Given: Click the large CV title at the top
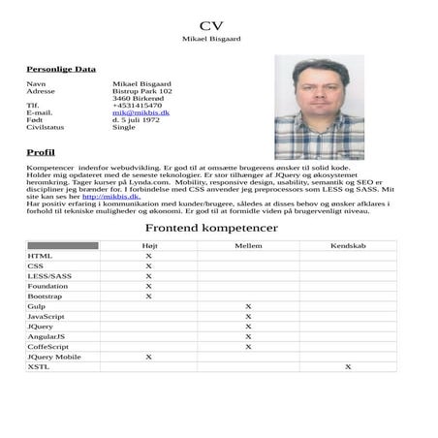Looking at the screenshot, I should (211, 25).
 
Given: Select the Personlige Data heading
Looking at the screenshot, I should (60, 69).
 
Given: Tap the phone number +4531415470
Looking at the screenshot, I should (138, 105).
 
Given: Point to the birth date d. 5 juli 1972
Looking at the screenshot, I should (137, 120).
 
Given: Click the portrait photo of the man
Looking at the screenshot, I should (319, 107).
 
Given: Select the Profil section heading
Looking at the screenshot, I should (41, 153).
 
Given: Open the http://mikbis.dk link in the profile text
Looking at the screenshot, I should (110, 197).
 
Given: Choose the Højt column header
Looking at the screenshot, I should (148, 246).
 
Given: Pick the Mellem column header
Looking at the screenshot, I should (248, 246).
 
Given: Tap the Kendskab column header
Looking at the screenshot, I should (348, 246).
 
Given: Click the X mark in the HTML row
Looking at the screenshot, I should (148, 256).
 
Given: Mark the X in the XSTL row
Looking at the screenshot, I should (348, 367).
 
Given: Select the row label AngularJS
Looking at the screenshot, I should (47, 336).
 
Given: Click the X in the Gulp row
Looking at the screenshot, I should (248, 306).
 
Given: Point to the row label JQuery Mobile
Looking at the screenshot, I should (54, 357).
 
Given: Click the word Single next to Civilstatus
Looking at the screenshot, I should (124, 127).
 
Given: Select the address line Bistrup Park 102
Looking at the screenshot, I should (142, 91).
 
